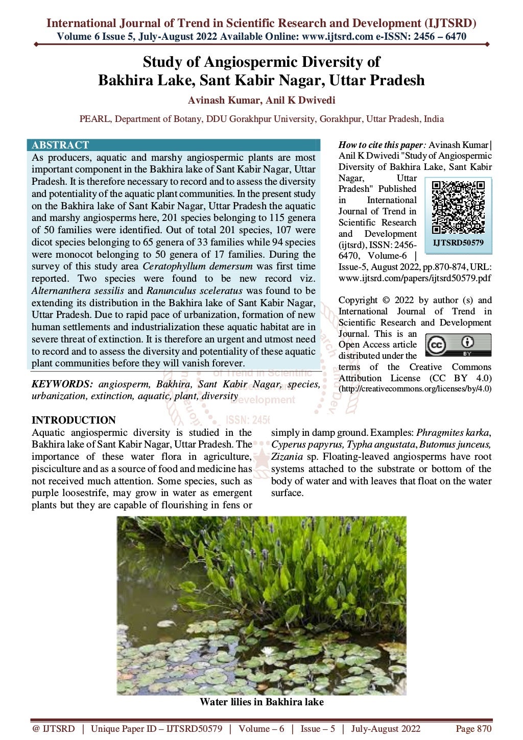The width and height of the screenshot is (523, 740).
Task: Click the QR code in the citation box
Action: click(x=458, y=207)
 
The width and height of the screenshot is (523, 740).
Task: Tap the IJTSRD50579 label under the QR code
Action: click(x=458, y=243)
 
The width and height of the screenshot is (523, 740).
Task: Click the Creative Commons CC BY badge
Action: click(x=458, y=345)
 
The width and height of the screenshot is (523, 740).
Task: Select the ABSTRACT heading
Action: click(x=60, y=145)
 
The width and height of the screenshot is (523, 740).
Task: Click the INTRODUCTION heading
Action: click(x=74, y=420)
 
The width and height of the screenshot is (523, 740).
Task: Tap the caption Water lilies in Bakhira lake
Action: click(x=261, y=702)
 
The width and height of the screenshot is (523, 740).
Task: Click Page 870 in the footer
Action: click(x=473, y=729)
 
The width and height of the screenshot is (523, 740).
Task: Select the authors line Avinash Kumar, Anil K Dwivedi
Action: click(x=261, y=101)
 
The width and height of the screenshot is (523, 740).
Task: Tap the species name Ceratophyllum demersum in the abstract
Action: click(x=198, y=266)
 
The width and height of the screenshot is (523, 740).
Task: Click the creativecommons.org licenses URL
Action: click(x=415, y=389)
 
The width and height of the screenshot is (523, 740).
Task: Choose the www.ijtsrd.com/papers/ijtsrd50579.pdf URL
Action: click(x=415, y=278)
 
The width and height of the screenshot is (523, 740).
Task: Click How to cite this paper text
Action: click(x=382, y=145)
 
